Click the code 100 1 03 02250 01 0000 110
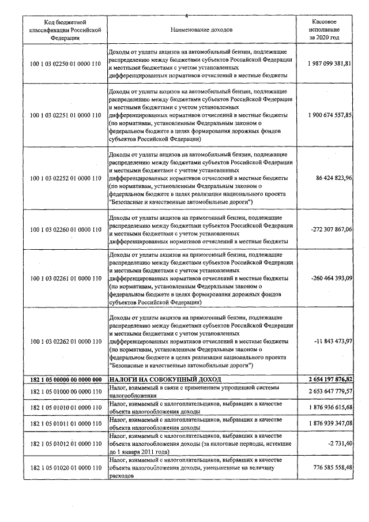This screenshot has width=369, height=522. coord(65,63)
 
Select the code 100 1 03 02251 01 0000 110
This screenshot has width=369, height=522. coord(65,115)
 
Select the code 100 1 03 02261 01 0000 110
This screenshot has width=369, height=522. coord(65,278)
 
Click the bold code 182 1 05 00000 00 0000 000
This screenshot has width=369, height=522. coord(65,379)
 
